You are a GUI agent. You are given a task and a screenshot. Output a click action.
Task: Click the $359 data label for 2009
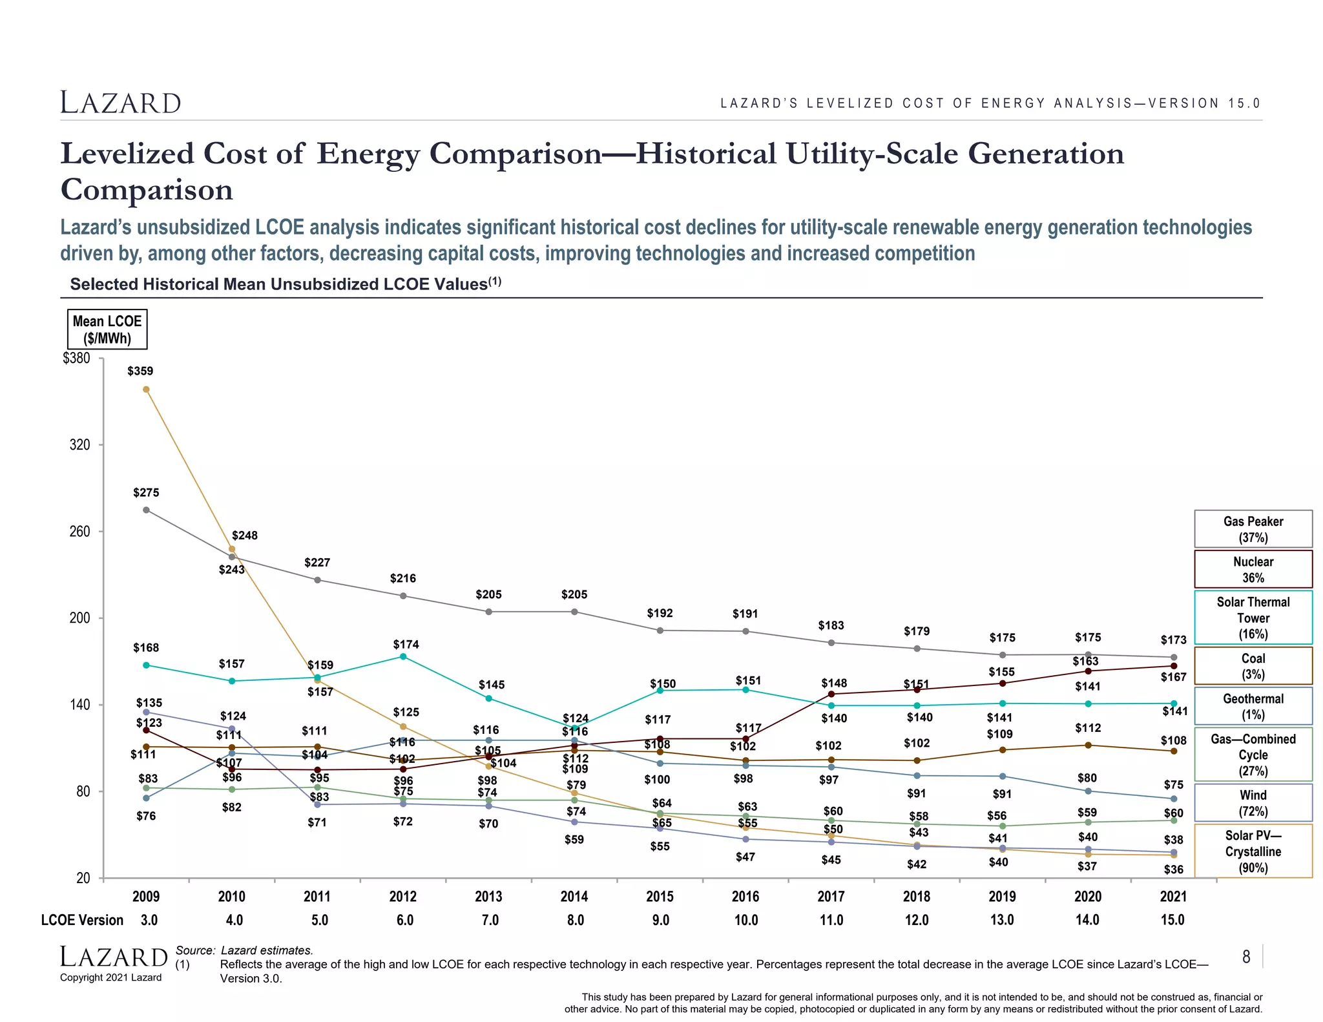140,371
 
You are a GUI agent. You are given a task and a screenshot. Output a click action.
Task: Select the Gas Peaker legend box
1253,529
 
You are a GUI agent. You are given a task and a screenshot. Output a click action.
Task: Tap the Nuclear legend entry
1253,569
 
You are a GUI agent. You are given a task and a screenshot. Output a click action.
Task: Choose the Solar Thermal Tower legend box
1253,618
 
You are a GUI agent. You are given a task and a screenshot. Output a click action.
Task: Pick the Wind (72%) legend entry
1253,803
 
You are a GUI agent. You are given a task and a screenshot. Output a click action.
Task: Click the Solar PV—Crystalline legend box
1253,851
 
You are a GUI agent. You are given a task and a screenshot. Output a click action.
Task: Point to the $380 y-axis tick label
76,359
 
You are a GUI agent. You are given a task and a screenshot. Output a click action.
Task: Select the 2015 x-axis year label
660,897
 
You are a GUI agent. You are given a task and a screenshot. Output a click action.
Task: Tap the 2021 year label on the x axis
1173,897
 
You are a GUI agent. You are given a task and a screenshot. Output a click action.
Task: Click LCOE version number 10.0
746,920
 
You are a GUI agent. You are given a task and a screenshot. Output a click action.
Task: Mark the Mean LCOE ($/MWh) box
107,329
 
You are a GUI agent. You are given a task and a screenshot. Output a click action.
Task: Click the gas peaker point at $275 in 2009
146,510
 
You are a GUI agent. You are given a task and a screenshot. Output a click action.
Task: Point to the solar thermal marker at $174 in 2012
403,656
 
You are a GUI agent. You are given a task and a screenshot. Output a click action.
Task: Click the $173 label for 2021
1173,640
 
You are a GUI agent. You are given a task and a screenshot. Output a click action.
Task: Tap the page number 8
1246,957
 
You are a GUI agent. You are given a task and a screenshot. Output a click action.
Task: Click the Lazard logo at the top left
121,103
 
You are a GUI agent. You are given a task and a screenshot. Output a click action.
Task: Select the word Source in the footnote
194,950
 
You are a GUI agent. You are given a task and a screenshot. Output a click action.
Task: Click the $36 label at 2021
1173,870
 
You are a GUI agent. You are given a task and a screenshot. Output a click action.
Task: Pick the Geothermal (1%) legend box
1253,706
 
